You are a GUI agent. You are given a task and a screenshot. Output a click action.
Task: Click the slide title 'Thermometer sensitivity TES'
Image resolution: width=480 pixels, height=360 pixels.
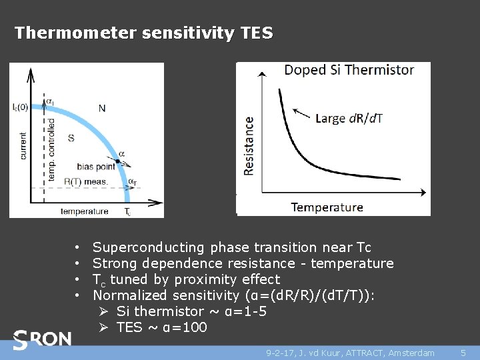point(143,33)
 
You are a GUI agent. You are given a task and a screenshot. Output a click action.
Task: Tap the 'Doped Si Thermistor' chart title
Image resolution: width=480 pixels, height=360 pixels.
point(349,70)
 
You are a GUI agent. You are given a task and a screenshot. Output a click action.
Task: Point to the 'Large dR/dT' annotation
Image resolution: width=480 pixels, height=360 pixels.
point(349,118)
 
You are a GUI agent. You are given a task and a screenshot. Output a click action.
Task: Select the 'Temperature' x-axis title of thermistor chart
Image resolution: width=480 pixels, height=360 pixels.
point(327,207)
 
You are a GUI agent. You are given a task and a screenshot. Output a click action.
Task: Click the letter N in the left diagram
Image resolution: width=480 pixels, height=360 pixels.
point(101,108)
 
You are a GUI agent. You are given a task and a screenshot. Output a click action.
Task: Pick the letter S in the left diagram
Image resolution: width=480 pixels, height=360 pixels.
point(71,138)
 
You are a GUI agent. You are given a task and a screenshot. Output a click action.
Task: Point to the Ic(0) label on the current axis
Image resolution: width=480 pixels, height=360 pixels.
point(20,107)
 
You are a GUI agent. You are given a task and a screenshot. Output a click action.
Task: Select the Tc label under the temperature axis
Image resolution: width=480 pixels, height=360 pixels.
point(128,212)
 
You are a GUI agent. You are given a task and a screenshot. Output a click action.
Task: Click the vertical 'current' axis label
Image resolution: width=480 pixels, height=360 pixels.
point(23,145)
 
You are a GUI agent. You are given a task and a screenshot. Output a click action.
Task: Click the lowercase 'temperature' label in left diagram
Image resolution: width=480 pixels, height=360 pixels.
point(84,211)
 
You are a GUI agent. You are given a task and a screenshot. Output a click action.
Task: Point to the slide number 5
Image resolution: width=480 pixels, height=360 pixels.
point(463,352)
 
